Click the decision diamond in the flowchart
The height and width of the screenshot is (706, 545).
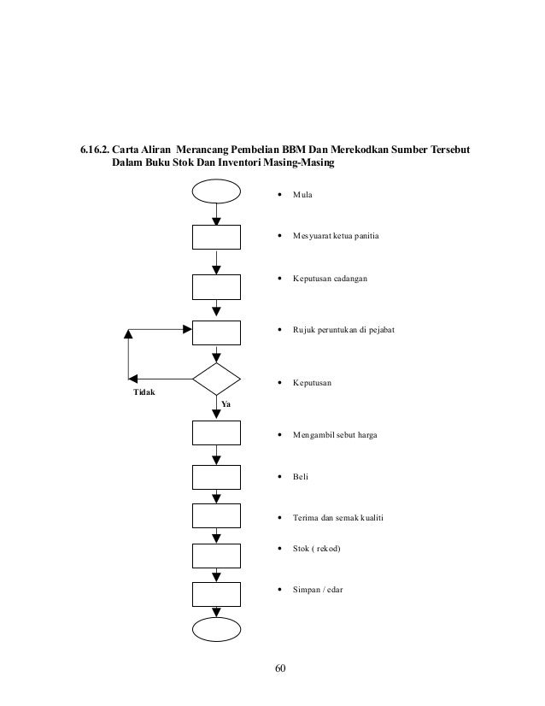(x=217, y=378)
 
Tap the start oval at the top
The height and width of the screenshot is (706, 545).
(x=217, y=190)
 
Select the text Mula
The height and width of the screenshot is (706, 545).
(x=302, y=195)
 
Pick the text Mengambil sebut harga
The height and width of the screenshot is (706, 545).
(x=333, y=435)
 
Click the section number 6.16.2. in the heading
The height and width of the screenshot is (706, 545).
(x=92, y=151)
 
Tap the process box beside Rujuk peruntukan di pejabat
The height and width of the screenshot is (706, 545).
(x=217, y=333)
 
